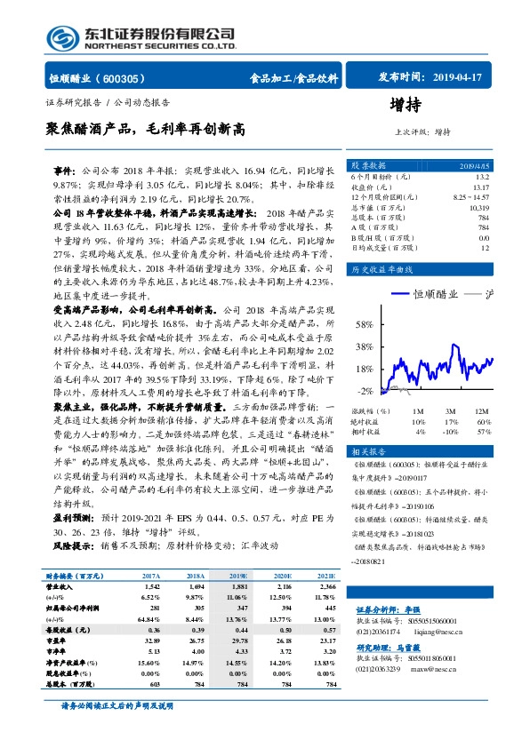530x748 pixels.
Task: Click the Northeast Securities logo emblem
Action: click(x=60, y=37)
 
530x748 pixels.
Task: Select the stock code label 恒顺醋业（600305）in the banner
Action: click(x=99, y=78)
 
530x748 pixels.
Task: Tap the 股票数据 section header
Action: click(x=368, y=166)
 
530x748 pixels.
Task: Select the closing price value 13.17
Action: click(x=479, y=187)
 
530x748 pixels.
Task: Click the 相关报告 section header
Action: click(x=368, y=451)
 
